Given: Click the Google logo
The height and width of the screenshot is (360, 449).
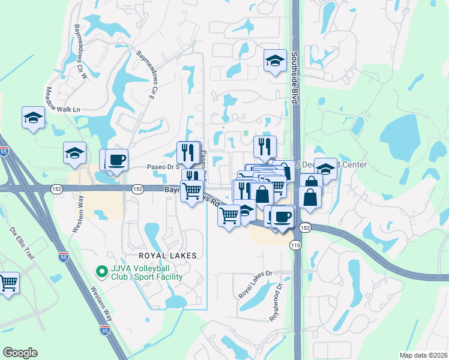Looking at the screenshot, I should tap(20, 353).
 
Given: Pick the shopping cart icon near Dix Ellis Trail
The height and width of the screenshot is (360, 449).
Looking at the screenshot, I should tap(8, 283).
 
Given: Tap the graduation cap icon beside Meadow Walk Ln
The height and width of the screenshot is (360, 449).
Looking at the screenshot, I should tap(33, 118).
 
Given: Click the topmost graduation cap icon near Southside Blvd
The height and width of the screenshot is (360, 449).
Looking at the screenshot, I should tap(275, 60).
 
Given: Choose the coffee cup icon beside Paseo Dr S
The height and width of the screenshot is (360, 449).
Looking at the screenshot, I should tap(118, 160).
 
